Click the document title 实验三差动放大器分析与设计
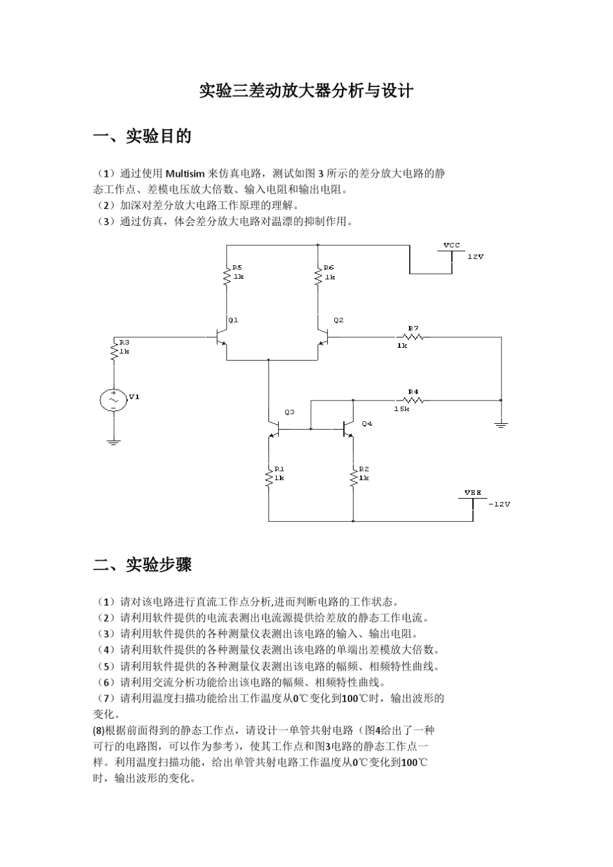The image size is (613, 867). pyautogui.click(x=305, y=91)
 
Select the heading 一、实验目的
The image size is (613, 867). pyautogui.click(x=143, y=137)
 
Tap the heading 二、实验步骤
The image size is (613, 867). pyautogui.click(x=143, y=565)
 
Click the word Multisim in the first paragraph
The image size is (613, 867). pyautogui.click(x=185, y=174)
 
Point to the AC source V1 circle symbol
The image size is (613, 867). pyautogui.click(x=114, y=400)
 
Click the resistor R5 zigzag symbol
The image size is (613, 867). pyautogui.click(x=226, y=277)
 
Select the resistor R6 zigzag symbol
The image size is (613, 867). pyautogui.click(x=317, y=277)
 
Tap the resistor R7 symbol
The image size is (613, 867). pyautogui.click(x=413, y=337)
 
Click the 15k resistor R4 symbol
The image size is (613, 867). pyautogui.click(x=413, y=400)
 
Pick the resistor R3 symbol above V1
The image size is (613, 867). pyautogui.click(x=114, y=351)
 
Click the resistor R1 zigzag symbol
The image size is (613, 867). pyautogui.click(x=269, y=478)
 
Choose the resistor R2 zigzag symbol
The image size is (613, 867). pyautogui.click(x=353, y=478)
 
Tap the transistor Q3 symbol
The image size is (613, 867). pyautogui.click(x=274, y=428)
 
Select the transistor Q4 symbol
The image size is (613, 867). pyautogui.click(x=348, y=428)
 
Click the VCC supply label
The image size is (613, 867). pyautogui.click(x=452, y=246)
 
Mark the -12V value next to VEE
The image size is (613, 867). pyautogui.click(x=499, y=504)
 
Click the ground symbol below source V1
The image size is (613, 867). pyautogui.click(x=114, y=442)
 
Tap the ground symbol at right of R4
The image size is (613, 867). pyautogui.click(x=501, y=424)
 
